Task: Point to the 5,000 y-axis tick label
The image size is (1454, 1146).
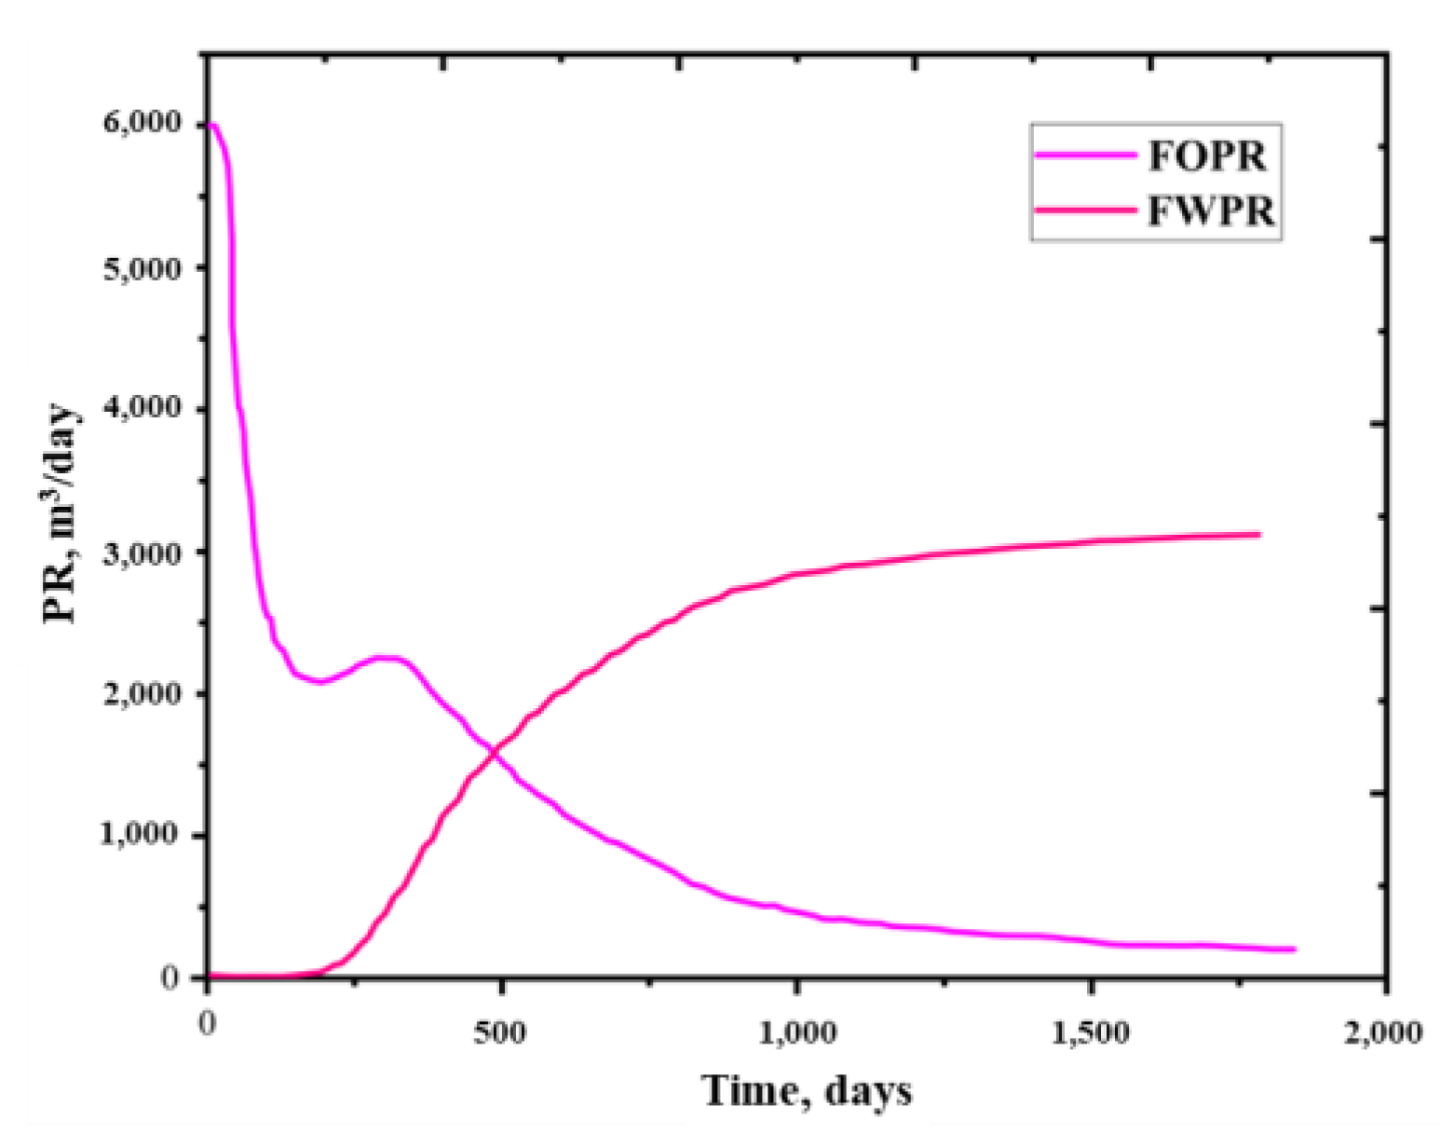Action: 142,268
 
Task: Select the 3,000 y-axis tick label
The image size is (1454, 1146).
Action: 142,553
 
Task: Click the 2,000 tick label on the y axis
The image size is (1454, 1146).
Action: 142,693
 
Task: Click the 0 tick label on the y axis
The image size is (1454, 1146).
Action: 170,977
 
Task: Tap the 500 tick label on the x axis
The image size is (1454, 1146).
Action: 500,1032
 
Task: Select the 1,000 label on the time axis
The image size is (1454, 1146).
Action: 796,1032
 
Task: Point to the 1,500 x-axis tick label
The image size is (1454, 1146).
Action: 1091,1032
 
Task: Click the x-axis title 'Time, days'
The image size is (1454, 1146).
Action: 807,1090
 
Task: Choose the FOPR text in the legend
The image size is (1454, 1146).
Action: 1207,155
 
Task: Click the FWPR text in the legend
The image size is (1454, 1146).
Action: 1210,211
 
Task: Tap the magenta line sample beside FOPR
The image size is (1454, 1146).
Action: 1086,156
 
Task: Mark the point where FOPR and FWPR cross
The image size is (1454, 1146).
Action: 492,754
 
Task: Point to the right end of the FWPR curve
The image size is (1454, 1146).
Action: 1259,535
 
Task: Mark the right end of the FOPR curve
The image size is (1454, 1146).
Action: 1295,949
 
